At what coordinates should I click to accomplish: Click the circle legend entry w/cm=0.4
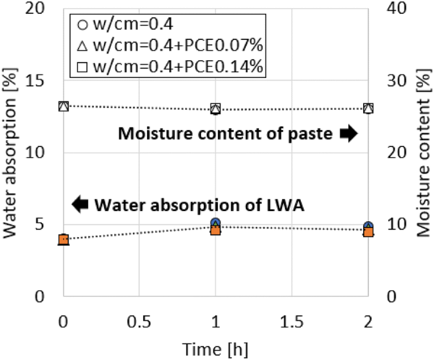click(123, 25)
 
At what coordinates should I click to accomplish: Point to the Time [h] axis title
click(215, 348)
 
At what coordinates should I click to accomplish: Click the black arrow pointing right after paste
click(348, 134)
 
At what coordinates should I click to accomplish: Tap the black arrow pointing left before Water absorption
click(80, 204)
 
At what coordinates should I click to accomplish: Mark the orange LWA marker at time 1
click(215, 229)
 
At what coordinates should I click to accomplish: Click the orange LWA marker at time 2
click(367, 232)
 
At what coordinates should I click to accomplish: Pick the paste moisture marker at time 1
click(215, 109)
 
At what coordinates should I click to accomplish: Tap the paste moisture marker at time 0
click(63, 106)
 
